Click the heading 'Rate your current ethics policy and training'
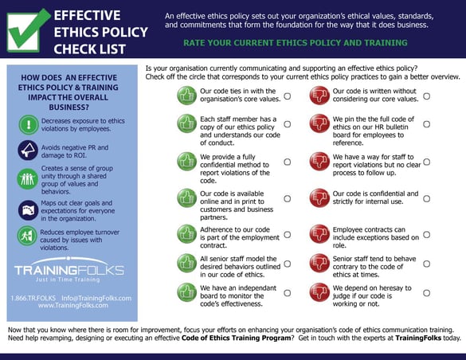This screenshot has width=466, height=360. pos(306,41)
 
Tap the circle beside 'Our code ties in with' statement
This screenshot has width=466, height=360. pos(287,95)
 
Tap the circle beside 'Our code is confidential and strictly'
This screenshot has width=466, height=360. pos(426,196)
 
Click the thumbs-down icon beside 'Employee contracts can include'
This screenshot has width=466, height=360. pos(319,233)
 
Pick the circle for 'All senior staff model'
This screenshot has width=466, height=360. pos(287,264)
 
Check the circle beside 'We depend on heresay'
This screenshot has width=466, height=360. pos(426,292)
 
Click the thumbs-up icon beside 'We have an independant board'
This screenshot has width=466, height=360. pos(186,292)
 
